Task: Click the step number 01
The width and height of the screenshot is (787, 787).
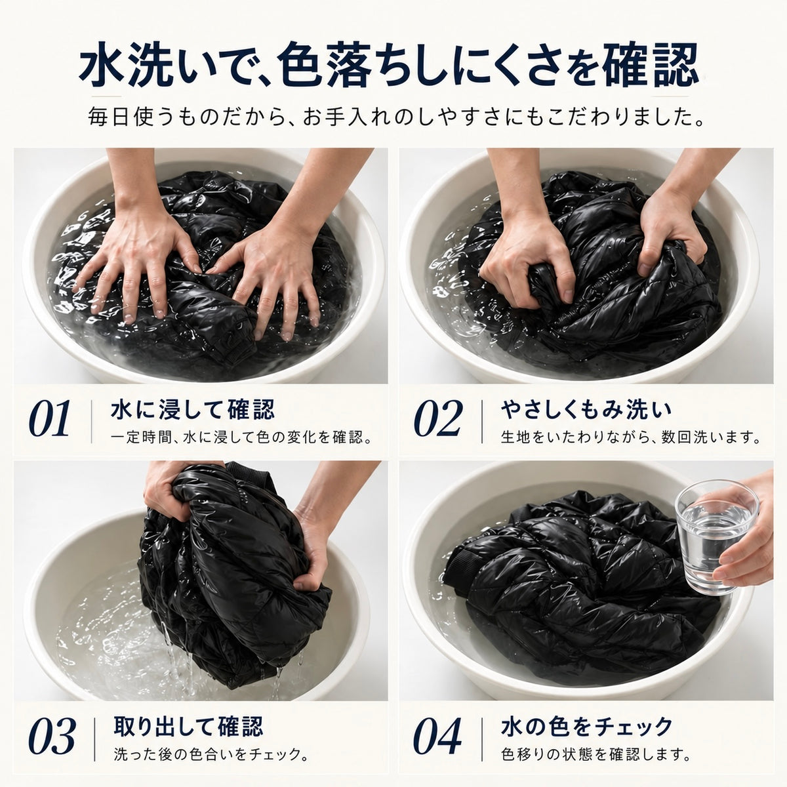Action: pos(49,420)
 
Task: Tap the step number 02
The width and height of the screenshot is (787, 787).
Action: pos(439,420)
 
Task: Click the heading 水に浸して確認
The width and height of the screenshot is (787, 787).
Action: pos(193,410)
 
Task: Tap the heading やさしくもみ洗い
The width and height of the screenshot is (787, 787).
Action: pos(586,410)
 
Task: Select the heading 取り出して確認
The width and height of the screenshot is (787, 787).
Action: pos(188,726)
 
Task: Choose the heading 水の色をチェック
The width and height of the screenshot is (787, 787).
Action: pos(587,726)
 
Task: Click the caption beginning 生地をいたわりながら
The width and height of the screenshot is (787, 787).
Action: pos(631,438)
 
